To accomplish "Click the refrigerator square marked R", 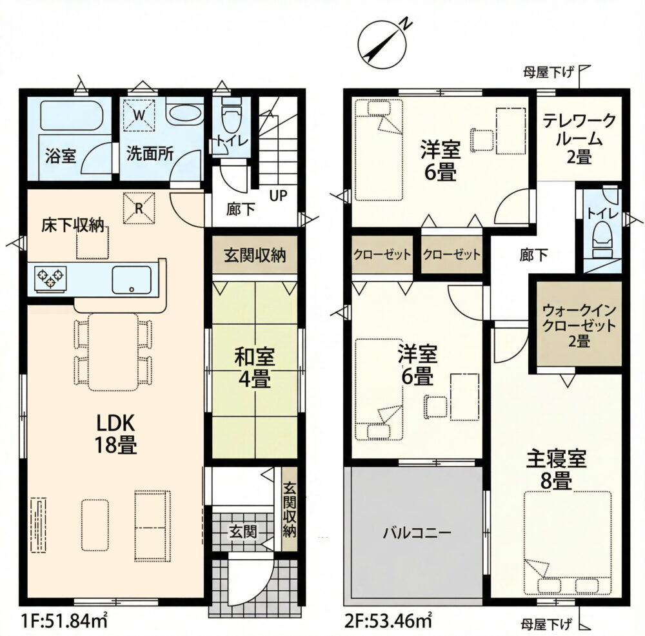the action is pos(139,208).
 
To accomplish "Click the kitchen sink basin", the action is pos(132,280).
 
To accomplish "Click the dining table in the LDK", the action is pos(113,352).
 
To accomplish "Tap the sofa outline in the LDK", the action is pos(152,526).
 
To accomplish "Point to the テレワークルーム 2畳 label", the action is pos(579,139).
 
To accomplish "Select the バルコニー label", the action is pos(417,533).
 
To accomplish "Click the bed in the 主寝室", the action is pos(568,544).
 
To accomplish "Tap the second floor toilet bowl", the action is pos(602,240).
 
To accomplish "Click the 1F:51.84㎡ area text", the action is pos(64,621).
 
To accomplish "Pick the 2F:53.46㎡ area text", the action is pos(388,621).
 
